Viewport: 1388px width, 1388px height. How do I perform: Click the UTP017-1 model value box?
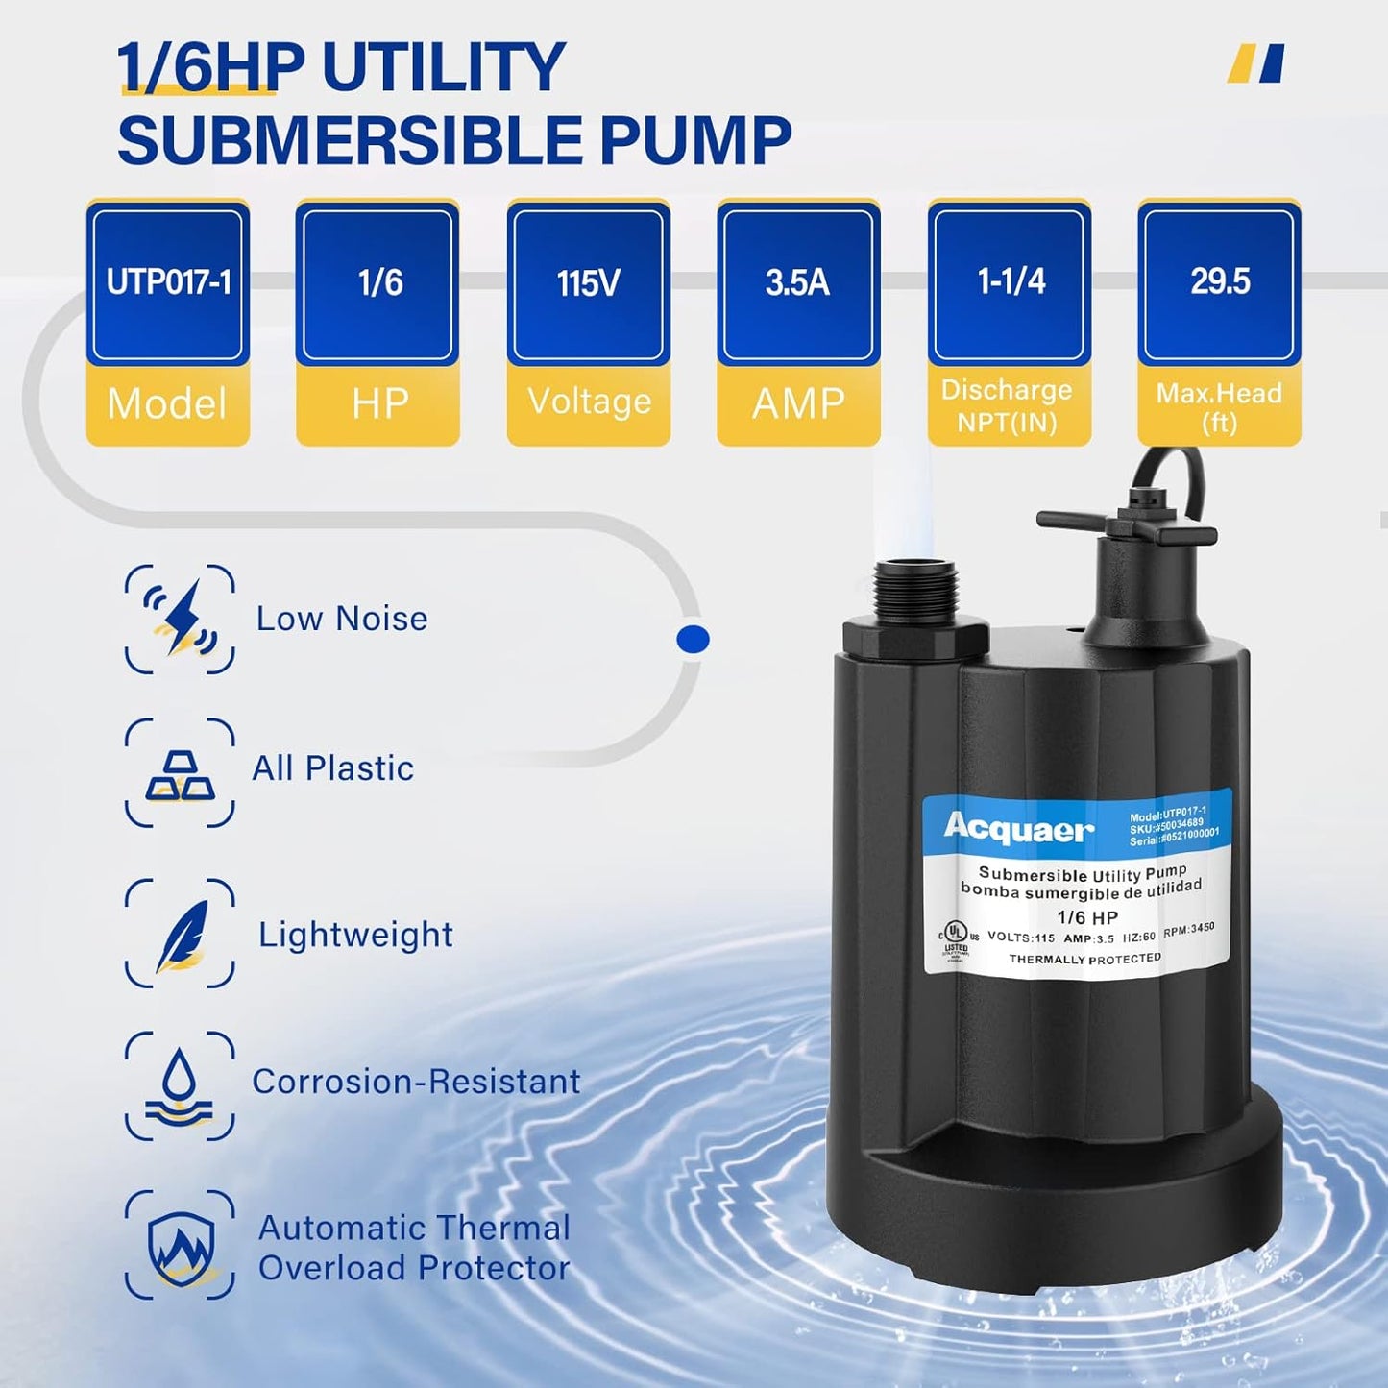[168, 283]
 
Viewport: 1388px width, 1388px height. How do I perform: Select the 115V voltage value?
[588, 283]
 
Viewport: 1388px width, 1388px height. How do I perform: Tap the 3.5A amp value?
[797, 283]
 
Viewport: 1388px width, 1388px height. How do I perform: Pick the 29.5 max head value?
[1219, 281]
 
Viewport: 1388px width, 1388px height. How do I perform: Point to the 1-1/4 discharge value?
[1010, 281]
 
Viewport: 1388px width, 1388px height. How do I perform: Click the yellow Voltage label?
[588, 402]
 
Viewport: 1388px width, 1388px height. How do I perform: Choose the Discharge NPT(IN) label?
[1008, 405]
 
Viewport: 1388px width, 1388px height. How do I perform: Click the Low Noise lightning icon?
[180, 619]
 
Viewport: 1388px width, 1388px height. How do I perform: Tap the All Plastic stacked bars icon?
[180, 773]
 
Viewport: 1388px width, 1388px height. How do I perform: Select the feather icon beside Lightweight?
[180, 934]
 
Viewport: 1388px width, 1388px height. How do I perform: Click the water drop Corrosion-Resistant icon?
[180, 1085]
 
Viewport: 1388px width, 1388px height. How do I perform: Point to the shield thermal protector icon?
[180, 1245]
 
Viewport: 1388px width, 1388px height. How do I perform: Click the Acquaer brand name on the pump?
[1018, 827]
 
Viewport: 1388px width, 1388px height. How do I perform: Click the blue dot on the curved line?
[693, 639]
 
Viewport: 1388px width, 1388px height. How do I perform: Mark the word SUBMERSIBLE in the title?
[351, 141]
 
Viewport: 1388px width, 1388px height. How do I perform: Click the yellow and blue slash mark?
[1256, 64]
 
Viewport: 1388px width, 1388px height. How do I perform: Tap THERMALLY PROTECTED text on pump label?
[1084, 959]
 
